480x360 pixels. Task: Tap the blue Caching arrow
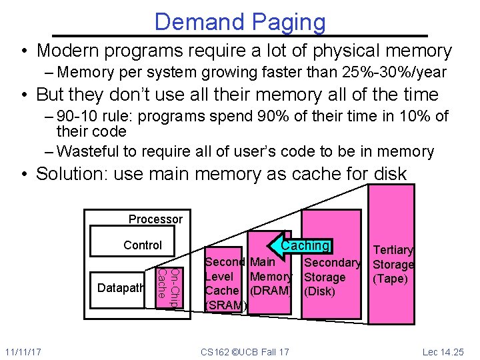point(300,245)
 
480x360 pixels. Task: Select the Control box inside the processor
point(142,245)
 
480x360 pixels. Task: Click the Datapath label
point(121,288)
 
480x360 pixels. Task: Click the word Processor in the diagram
point(155,219)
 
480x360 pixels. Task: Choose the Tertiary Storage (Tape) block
point(393,263)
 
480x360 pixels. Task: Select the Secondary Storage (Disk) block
point(332,277)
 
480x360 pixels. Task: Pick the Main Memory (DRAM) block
point(270,276)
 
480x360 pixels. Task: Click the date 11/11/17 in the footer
point(22,351)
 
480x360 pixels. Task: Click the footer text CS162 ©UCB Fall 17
point(245,351)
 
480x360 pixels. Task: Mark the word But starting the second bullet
point(51,94)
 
